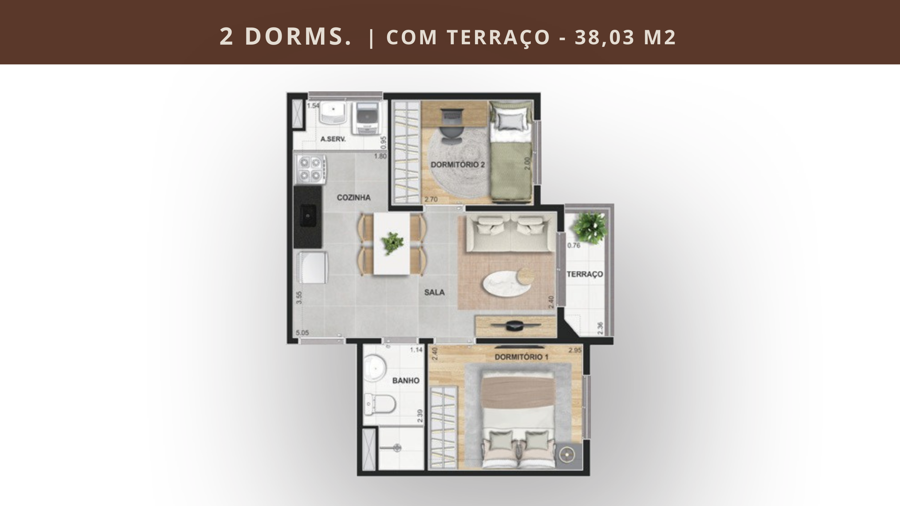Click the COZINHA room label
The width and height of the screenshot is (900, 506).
(354, 197)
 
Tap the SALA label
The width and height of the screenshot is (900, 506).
(435, 292)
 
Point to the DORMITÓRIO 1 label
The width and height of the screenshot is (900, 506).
(522, 357)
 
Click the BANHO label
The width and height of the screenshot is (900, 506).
(406, 380)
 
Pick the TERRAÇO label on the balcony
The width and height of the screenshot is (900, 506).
(585, 274)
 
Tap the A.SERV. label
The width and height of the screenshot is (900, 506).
(333, 139)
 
